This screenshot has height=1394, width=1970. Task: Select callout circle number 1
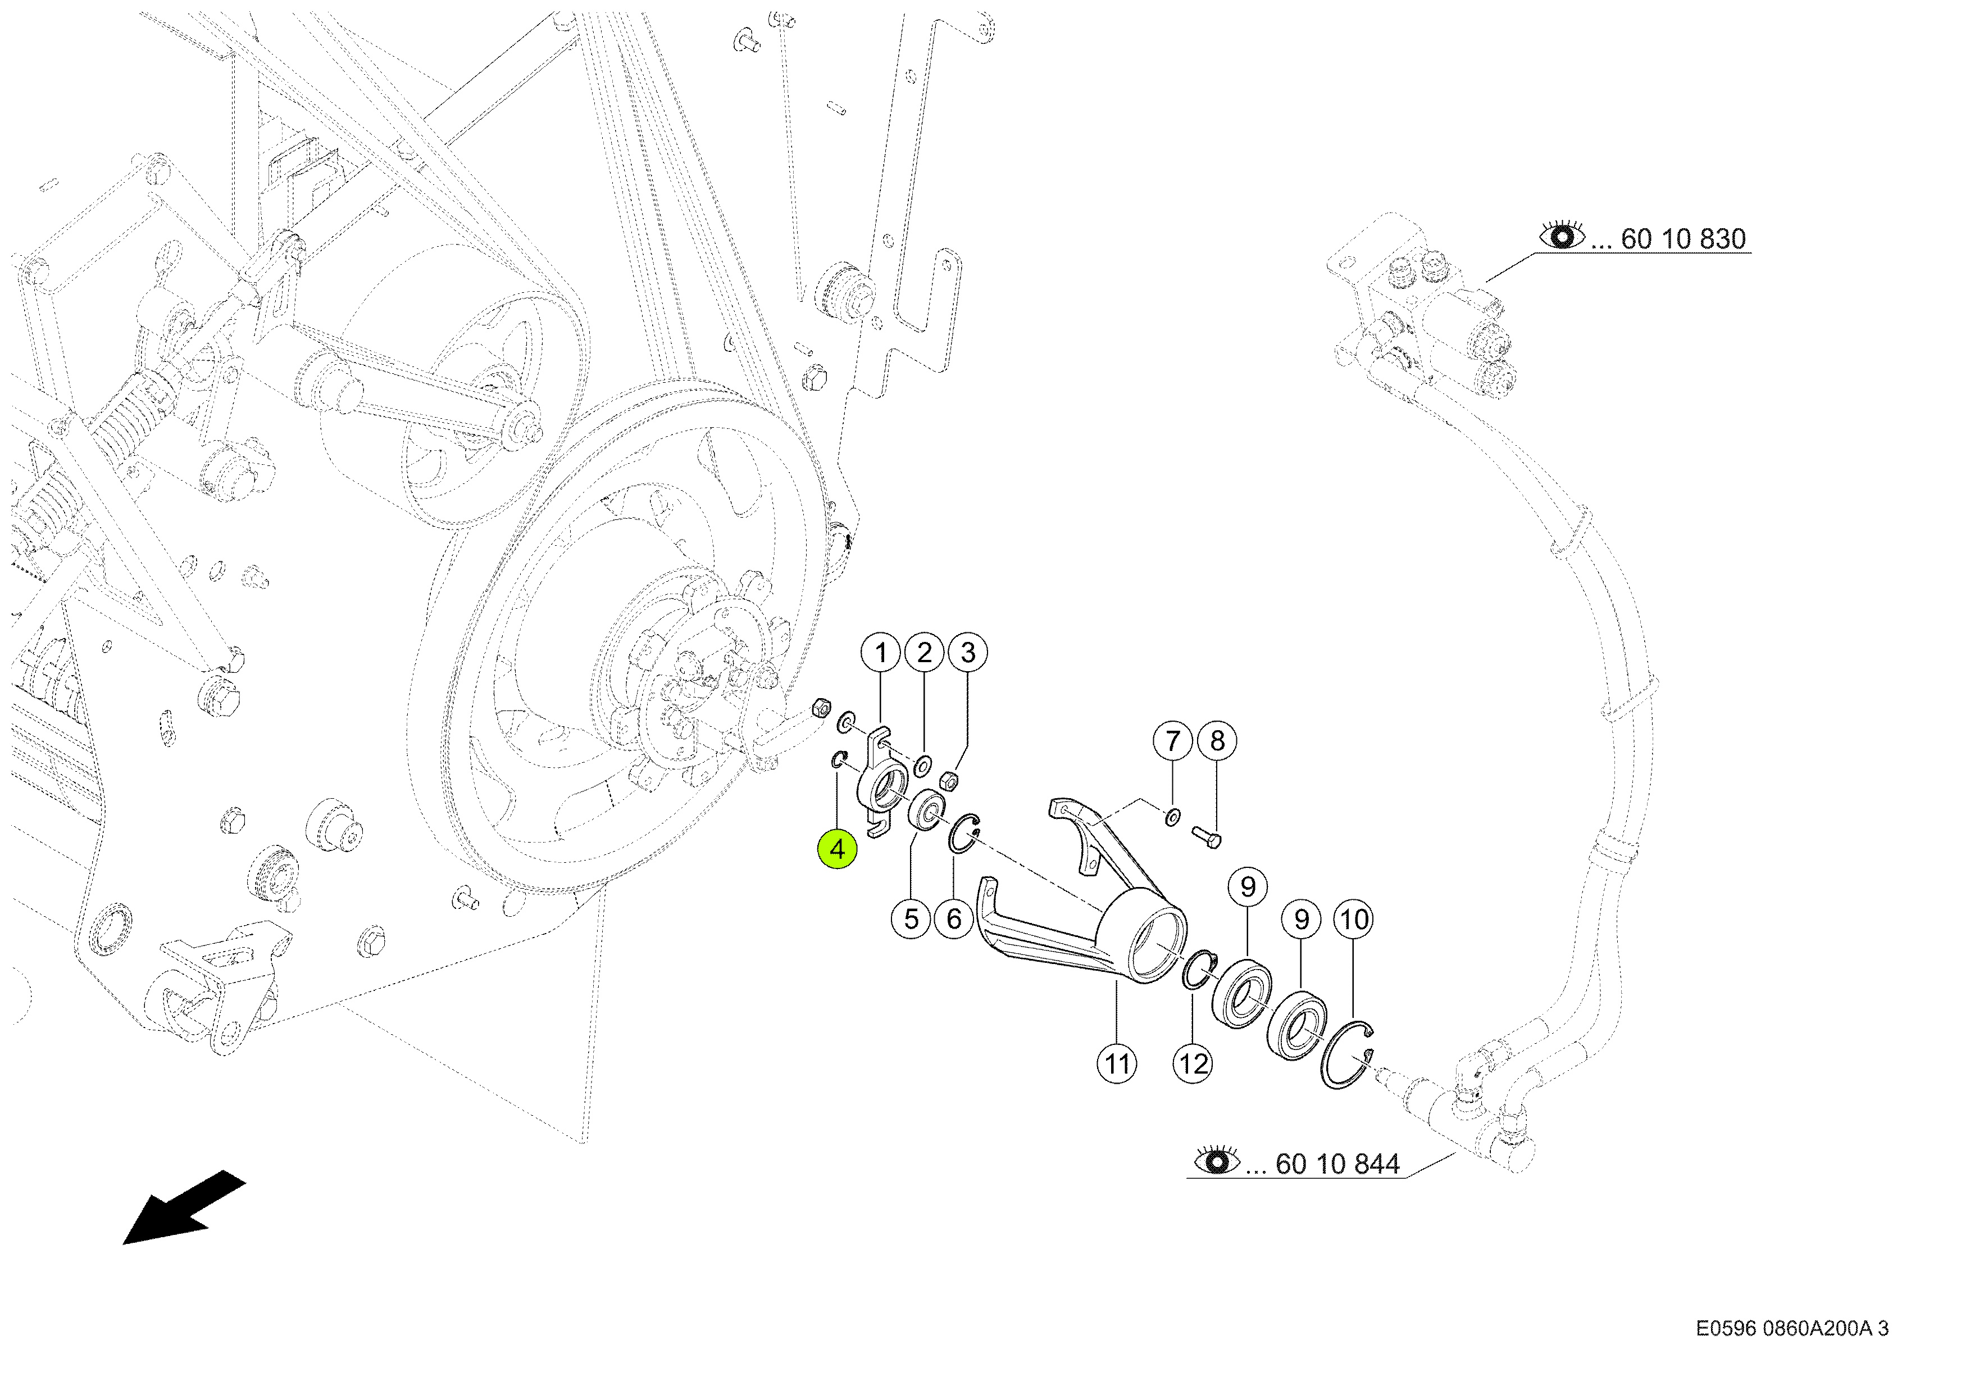[x=880, y=653]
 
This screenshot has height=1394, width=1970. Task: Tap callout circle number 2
[x=924, y=653]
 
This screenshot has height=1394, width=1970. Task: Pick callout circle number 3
[x=968, y=653]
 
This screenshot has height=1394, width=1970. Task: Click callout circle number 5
[x=911, y=920]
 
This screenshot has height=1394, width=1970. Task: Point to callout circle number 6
[x=954, y=920]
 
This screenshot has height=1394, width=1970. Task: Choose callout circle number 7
[x=1173, y=741]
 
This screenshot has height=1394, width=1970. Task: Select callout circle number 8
[x=1217, y=741]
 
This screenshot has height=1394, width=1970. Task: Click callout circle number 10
[x=1354, y=920]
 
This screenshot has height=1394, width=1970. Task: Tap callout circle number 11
[x=1116, y=1065]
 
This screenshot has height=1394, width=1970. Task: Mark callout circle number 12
[x=1193, y=1065]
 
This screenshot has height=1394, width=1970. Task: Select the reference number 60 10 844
[x=1337, y=1164]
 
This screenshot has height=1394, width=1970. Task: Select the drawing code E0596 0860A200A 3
[x=1791, y=1329]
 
